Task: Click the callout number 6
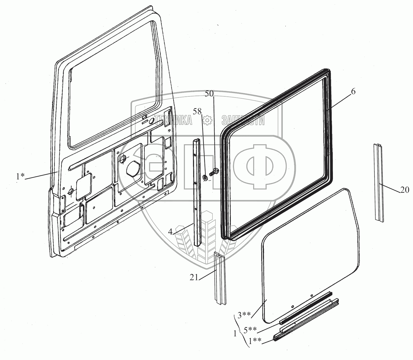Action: click(353, 92)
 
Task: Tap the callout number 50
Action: click(209, 94)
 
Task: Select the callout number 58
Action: click(197, 111)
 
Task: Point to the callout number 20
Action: click(404, 190)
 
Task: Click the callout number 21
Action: click(194, 278)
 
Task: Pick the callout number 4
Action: click(170, 232)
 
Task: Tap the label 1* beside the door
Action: click(20, 177)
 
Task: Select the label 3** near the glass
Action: click(244, 315)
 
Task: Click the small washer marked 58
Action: click(205, 178)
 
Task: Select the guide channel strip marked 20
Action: click(378, 183)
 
